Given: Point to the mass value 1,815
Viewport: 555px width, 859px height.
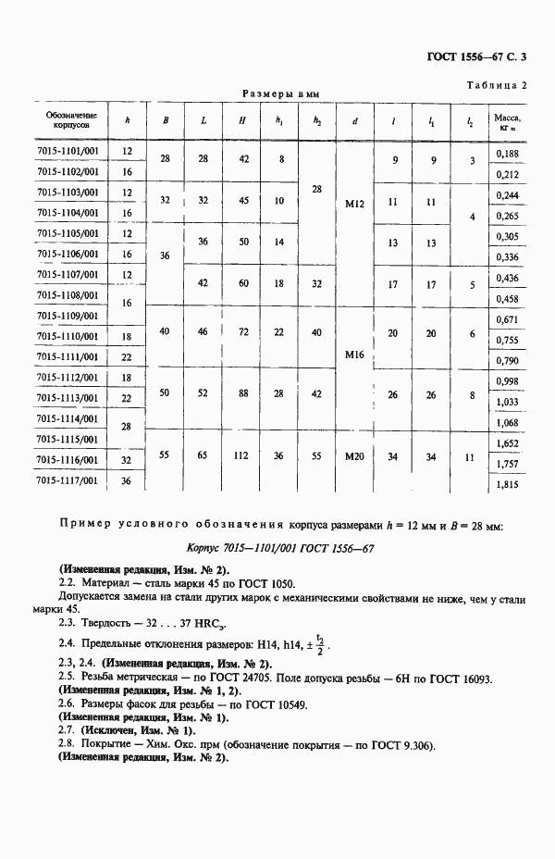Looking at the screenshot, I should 507,484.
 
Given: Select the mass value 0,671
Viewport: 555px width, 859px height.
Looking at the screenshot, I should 507,319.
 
